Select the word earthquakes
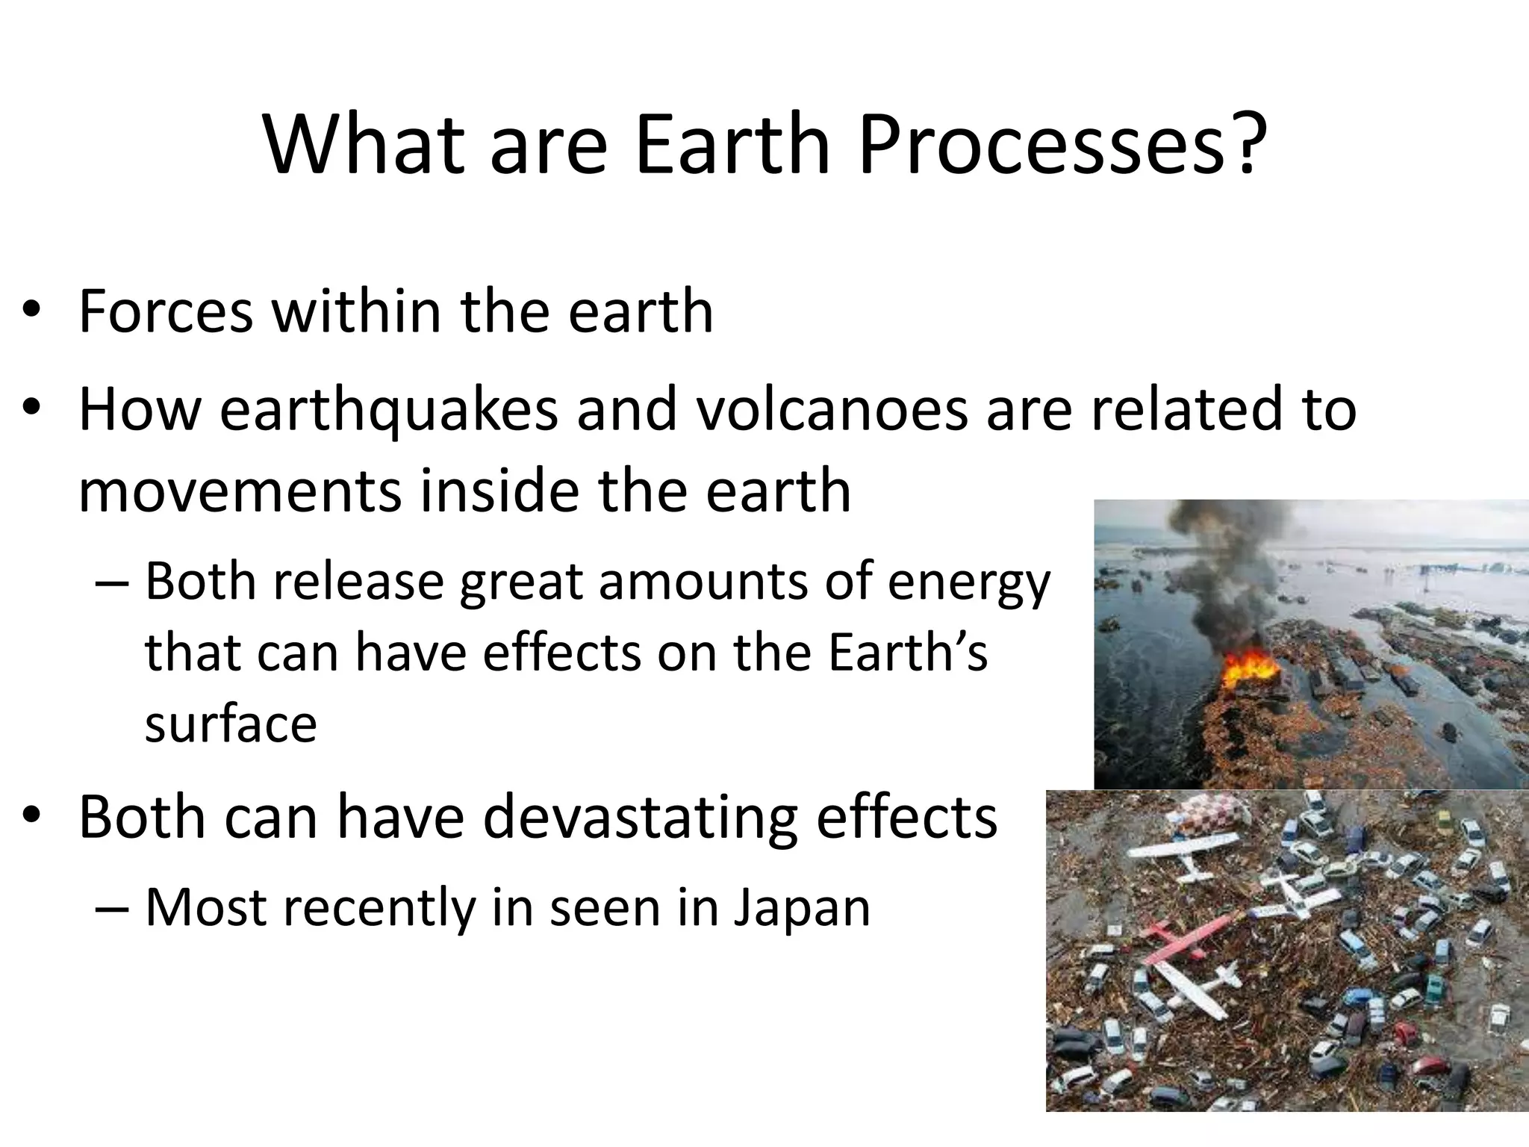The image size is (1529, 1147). tap(389, 411)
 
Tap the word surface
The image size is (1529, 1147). tap(231, 724)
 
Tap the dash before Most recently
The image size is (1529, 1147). tap(113, 909)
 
